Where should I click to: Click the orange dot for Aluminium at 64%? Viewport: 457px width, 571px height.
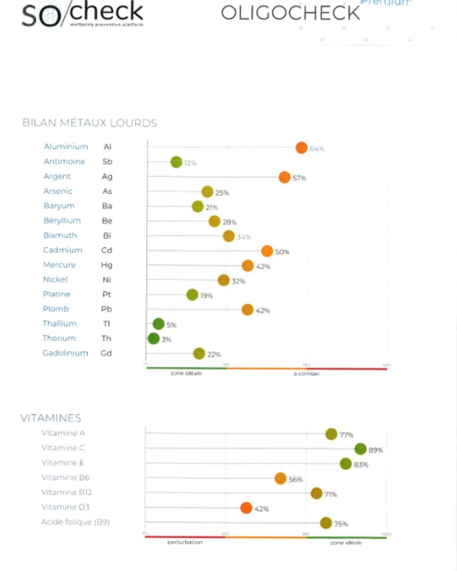[x=301, y=148]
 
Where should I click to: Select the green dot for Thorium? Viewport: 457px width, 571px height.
[x=154, y=338]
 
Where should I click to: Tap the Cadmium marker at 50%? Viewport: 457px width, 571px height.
[x=267, y=251]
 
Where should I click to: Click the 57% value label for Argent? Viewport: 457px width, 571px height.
[x=299, y=178]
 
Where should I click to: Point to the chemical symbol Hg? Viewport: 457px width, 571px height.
[x=107, y=265]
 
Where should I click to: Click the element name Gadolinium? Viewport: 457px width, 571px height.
[x=65, y=353]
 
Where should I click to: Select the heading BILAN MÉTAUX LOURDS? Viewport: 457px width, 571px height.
[x=90, y=123]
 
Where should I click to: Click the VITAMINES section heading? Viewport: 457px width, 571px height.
[x=51, y=418]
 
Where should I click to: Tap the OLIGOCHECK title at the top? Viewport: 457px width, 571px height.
[x=290, y=13]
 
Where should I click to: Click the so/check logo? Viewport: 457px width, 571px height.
[x=83, y=14]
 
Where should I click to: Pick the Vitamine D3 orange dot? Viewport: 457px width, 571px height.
[x=246, y=508]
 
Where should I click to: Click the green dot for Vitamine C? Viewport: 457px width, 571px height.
[x=361, y=449]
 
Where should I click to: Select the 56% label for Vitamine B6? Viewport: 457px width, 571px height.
[x=296, y=479]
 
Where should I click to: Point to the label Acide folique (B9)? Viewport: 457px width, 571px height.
[x=75, y=522]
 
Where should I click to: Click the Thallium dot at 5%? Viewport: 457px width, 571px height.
[x=159, y=324]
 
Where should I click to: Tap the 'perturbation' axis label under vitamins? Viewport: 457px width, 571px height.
[x=185, y=542]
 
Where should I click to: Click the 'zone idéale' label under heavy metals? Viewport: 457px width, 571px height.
[x=186, y=373]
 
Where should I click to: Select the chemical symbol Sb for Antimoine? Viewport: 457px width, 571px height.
[x=107, y=162]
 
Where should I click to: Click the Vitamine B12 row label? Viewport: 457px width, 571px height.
[x=66, y=492]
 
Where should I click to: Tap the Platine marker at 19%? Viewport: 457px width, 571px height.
[x=193, y=295]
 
